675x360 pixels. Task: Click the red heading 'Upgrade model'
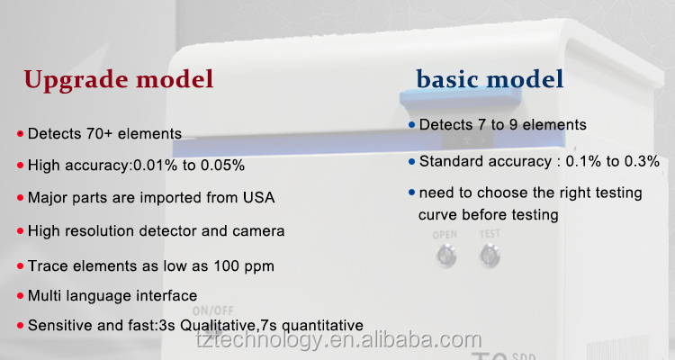119,80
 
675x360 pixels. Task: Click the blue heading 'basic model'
490,79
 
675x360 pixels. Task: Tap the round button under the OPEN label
446,256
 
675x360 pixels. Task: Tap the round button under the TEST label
490,256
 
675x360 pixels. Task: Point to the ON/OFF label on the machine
213,310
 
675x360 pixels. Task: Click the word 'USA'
258,198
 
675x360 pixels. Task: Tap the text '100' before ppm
227,266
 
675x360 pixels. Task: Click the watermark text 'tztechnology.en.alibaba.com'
338,340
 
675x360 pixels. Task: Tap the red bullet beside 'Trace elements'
20,266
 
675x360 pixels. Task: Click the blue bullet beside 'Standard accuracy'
411,162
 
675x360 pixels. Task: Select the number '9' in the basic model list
513,125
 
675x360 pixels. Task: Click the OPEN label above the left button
445,235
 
